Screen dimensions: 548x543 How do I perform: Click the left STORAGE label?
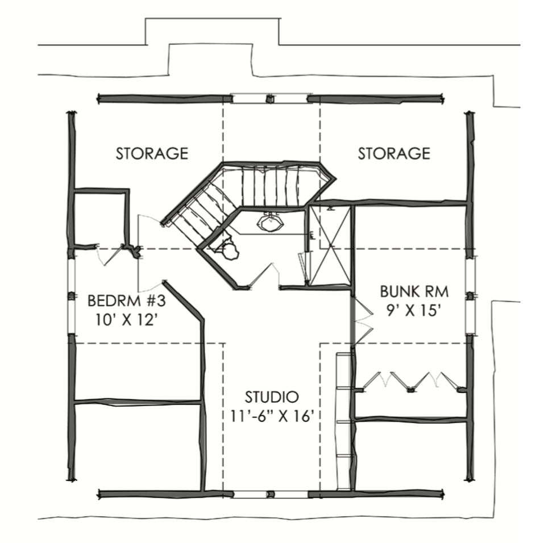(x=152, y=154)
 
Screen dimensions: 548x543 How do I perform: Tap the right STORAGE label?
(x=394, y=154)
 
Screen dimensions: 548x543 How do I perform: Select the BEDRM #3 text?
(x=127, y=300)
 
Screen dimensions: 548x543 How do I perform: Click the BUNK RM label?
(x=414, y=291)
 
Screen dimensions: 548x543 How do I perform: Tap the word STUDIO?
(x=272, y=397)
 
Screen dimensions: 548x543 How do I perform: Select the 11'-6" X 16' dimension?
(x=272, y=416)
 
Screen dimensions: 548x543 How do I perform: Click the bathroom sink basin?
(x=269, y=223)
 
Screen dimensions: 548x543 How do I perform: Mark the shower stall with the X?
(x=330, y=245)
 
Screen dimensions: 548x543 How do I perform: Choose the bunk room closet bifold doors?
(x=412, y=381)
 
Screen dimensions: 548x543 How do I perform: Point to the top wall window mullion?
(x=269, y=99)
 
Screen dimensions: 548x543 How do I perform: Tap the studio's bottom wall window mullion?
(x=271, y=494)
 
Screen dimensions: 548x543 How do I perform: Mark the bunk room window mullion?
(x=471, y=296)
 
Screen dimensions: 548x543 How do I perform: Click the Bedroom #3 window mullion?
(x=72, y=296)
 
